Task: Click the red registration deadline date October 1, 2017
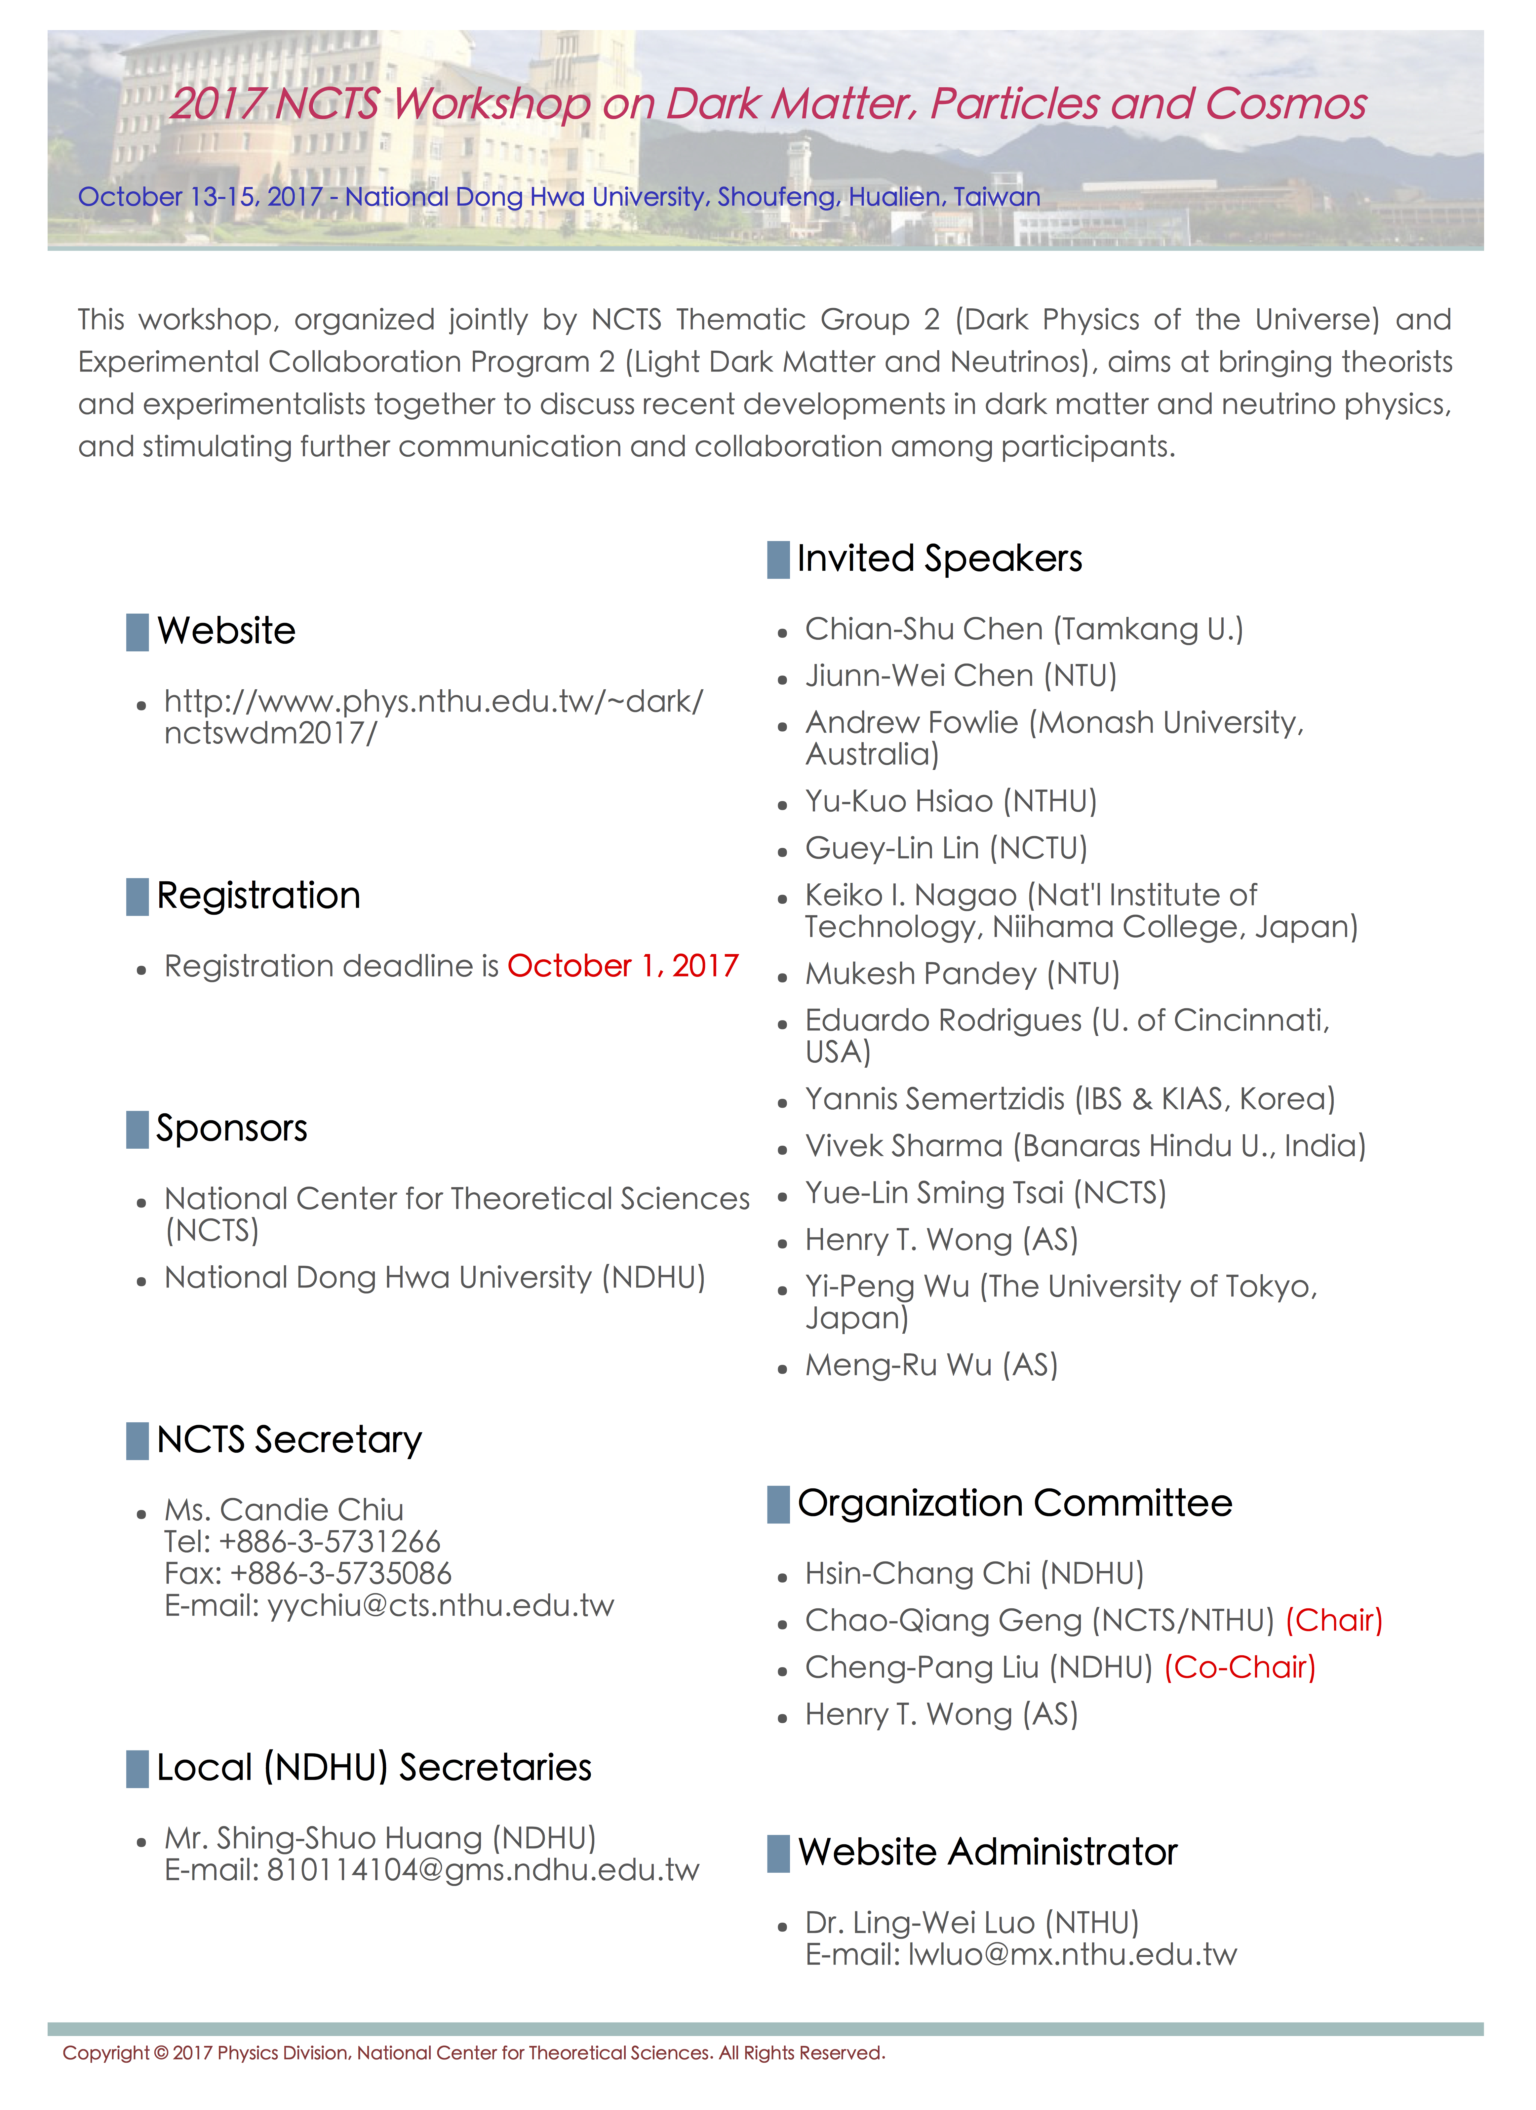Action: [622, 967]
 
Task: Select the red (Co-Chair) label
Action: [1239, 1667]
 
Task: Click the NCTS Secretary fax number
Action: [340, 1573]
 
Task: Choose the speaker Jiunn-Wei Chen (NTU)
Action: [960, 675]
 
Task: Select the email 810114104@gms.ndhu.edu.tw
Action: [482, 1870]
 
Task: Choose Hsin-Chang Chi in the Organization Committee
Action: [917, 1573]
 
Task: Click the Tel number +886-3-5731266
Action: [329, 1542]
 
